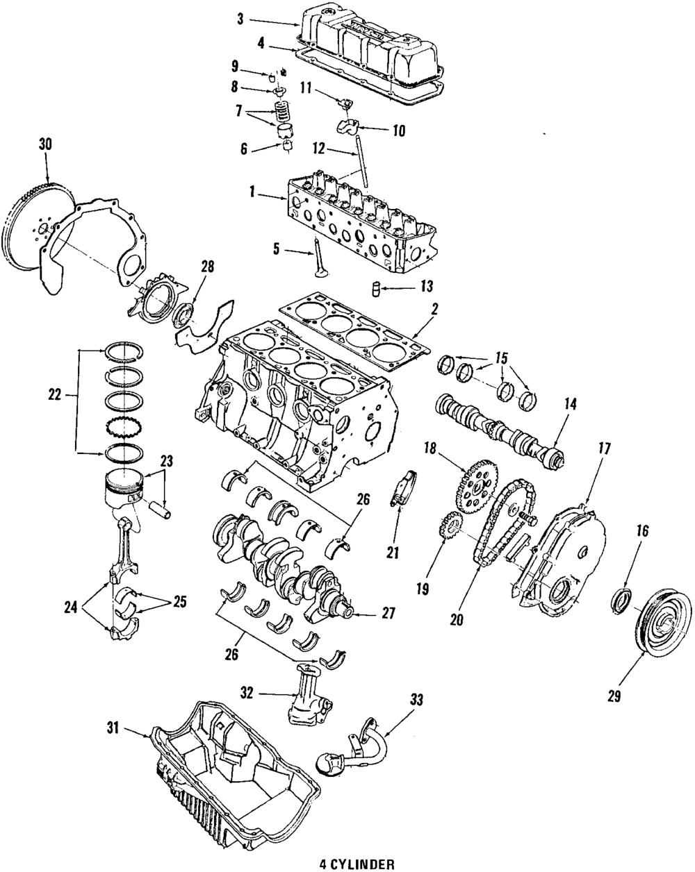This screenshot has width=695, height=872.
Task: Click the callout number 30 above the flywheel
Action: coord(45,144)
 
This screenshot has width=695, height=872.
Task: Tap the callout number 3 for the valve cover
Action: coord(240,19)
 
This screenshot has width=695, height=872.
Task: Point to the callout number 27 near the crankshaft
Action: coord(388,612)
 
